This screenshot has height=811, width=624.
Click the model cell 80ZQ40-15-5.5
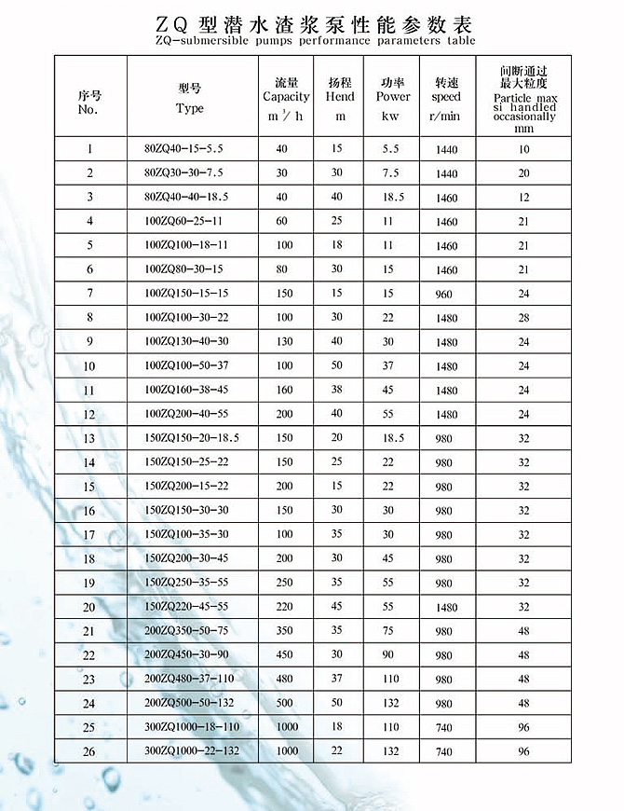(x=184, y=149)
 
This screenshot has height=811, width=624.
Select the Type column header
(x=189, y=98)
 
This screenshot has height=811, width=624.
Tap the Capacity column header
(x=286, y=97)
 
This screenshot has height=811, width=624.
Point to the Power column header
(x=393, y=97)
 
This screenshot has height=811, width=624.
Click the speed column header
(x=445, y=97)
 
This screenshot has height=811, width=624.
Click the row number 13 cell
(x=89, y=438)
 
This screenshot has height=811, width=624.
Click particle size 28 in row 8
(x=523, y=318)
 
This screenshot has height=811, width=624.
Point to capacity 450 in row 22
(x=284, y=655)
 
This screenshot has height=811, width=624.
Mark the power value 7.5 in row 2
(x=390, y=173)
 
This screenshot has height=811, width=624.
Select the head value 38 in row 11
(x=337, y=390)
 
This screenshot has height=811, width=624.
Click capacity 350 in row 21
(x=284, y=631)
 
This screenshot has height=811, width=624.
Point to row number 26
(x=89, y=751)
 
